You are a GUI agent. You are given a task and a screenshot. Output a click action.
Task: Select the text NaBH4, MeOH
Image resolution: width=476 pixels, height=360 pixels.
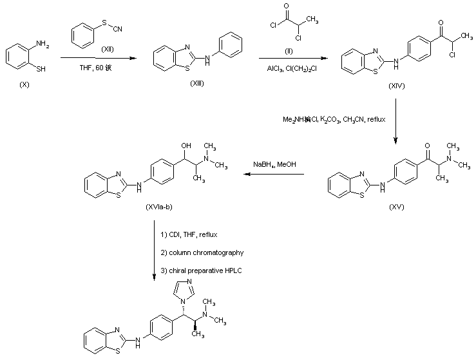[x=274, y=165]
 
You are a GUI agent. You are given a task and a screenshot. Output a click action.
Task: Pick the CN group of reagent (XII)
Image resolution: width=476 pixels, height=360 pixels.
[x=115, y=26]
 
